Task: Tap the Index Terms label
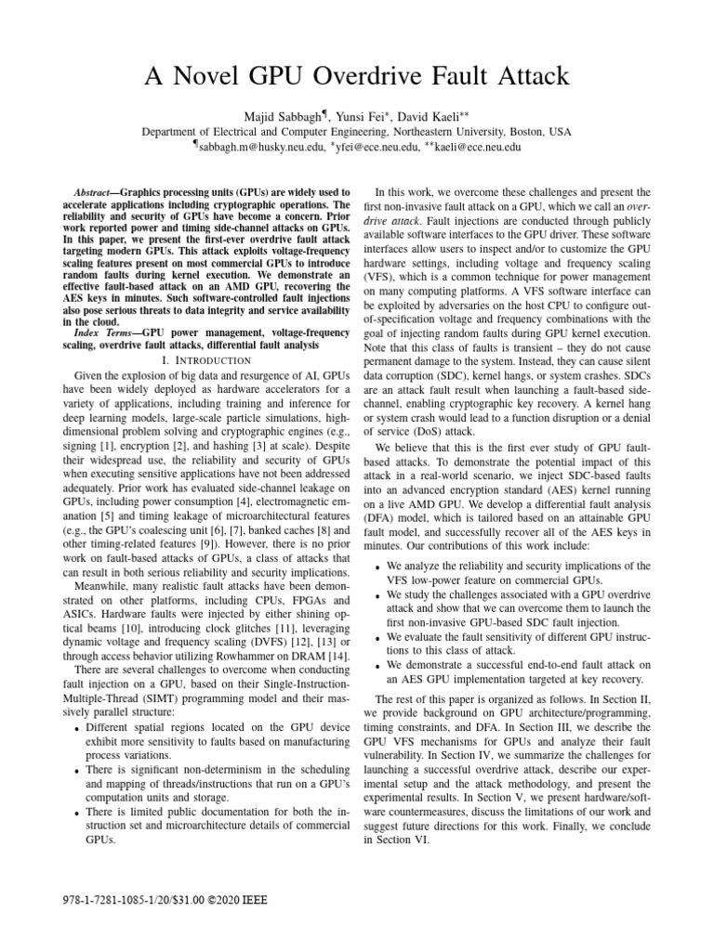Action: tap(101, 332)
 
